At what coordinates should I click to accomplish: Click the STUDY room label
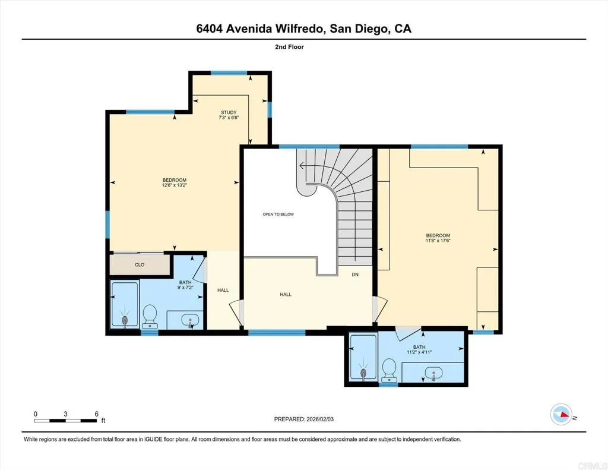(229, 112)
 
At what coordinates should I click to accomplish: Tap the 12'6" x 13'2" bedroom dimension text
(175, 185)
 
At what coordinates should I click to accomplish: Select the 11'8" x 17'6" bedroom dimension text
(438, 241)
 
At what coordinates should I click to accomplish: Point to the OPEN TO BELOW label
(278, 215)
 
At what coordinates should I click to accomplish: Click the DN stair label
(355, 274)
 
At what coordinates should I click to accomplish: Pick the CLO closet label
(140, 265)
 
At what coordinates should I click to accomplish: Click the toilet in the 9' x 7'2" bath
(150, 315)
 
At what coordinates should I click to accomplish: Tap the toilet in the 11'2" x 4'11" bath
(389, 368)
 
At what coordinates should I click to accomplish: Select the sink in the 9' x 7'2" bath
(191, 320)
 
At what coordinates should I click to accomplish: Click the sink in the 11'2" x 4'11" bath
(433, 373)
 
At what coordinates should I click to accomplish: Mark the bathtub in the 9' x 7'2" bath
(125, 305)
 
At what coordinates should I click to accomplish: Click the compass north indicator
(561, 415)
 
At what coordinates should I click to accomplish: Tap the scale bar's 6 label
(96, 414)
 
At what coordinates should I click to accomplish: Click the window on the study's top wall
(229, 72)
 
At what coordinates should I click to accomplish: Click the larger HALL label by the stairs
(286, 294)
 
